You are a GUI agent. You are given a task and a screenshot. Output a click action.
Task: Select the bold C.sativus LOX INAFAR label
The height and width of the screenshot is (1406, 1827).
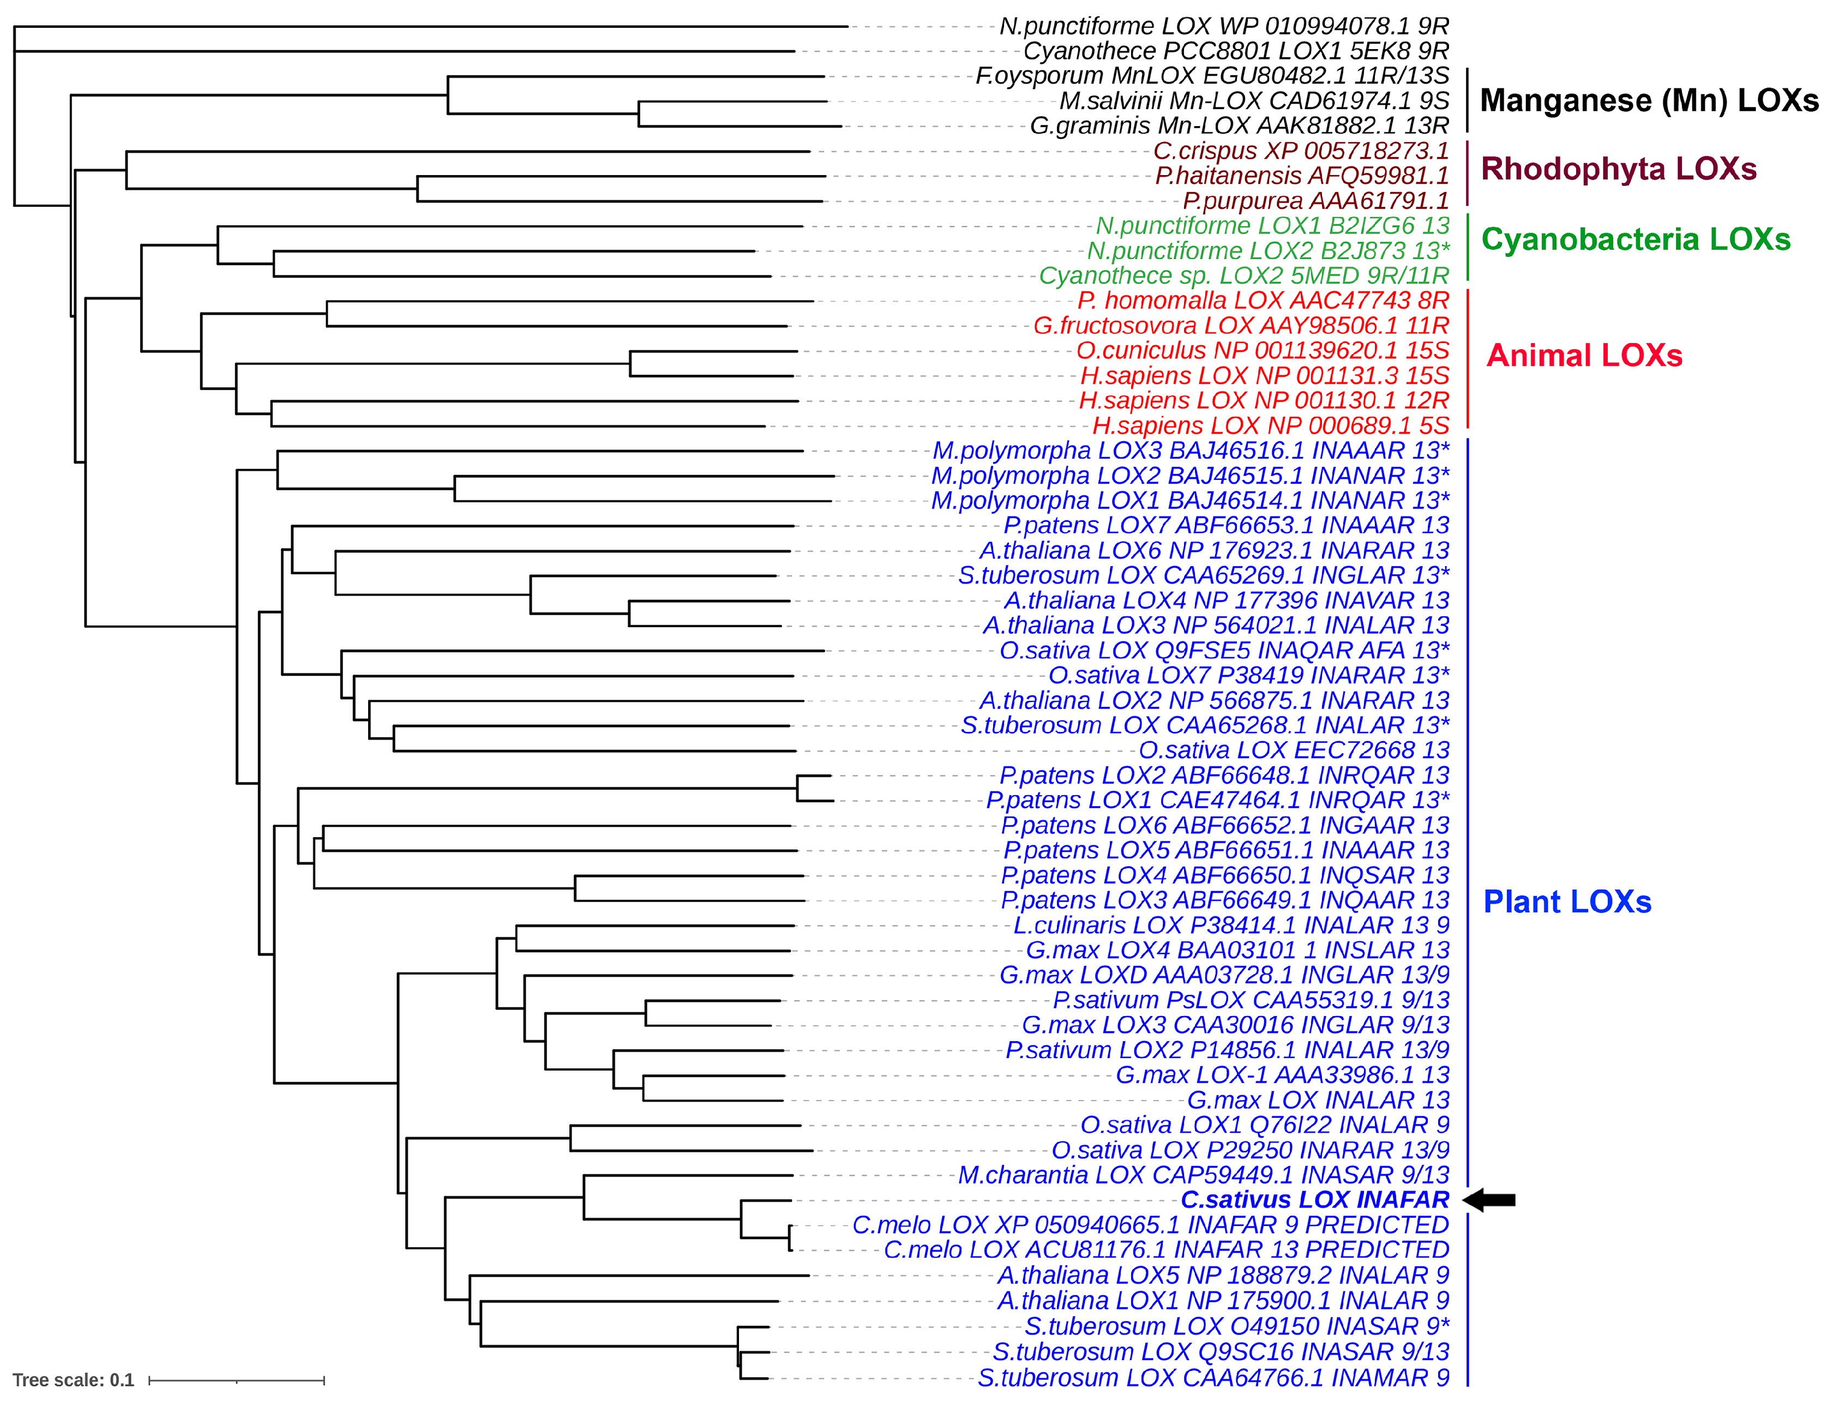pyautogui.click(x=1314, y=1199)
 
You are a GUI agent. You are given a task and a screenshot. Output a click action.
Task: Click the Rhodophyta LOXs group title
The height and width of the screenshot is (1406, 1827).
pyautogui.click(x=1618, y=169)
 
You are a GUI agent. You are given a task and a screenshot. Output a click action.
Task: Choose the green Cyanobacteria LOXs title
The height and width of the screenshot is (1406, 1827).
pyautogui.click(x=1636, y=240)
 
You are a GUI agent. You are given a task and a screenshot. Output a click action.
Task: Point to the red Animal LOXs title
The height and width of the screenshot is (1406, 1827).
pyautogui.click(x=1584, y=356)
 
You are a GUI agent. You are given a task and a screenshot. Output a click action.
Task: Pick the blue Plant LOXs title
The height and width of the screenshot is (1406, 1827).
pyautogui.click(x=1567, y=902)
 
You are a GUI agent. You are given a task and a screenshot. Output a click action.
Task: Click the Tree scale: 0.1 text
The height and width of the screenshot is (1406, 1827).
pyautogui.click(x=74, y=1380)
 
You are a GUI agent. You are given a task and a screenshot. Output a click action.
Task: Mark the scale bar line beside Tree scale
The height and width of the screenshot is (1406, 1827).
pyautogui.click(x=237, y=1380)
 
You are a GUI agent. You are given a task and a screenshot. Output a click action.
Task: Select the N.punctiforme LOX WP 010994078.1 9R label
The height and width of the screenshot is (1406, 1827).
pyautogui.click(x=1224, y=27)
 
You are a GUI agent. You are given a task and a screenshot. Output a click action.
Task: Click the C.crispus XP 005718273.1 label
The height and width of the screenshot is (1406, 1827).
pyautogui.click(x=1301, y=152)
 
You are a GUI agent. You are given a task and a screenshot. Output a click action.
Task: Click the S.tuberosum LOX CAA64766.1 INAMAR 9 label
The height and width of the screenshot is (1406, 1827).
pyautogui.click(x=1213, y=1378)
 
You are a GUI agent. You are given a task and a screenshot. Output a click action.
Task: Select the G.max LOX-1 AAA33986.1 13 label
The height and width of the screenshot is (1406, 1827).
pyautogui.click(x=1282, y=1075)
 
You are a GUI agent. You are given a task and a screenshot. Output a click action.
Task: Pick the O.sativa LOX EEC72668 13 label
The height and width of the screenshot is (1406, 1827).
pyautogui.click(x=1293, y=750)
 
